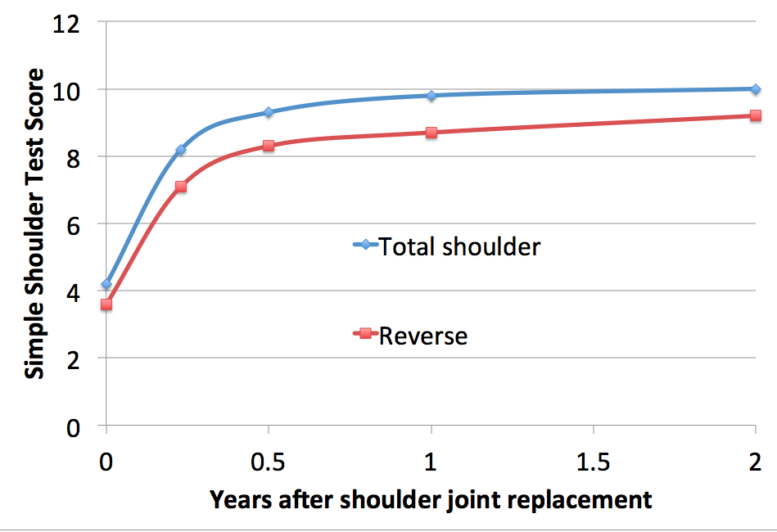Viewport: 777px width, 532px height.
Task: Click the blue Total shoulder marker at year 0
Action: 106,285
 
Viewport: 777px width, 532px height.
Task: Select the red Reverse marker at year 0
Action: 106,304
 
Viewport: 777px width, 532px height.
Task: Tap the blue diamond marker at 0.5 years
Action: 268,112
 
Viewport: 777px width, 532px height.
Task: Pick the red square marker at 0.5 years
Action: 268,146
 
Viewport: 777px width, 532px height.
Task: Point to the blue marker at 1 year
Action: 431,96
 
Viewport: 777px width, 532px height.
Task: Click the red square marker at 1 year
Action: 431,133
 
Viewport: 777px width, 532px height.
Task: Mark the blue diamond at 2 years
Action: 756,89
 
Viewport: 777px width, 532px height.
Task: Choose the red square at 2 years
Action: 756,116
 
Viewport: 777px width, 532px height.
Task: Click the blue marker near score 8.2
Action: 180,150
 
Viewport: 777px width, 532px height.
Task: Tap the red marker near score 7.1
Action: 180,187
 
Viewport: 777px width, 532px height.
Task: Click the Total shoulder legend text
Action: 459,246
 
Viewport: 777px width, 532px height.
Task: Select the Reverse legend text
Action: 423,336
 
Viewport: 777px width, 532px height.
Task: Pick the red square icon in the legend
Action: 365,334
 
